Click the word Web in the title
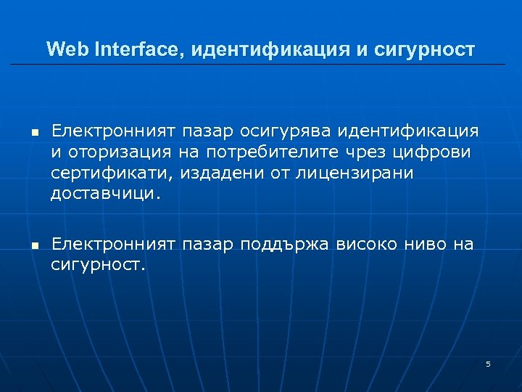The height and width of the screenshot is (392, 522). pos(66,49)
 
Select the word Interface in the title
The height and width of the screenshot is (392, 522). pos(130,49)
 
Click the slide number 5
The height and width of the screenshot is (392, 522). pos(488,364)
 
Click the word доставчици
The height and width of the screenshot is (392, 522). pos(103,194)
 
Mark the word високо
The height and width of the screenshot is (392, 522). pos(370,245)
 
